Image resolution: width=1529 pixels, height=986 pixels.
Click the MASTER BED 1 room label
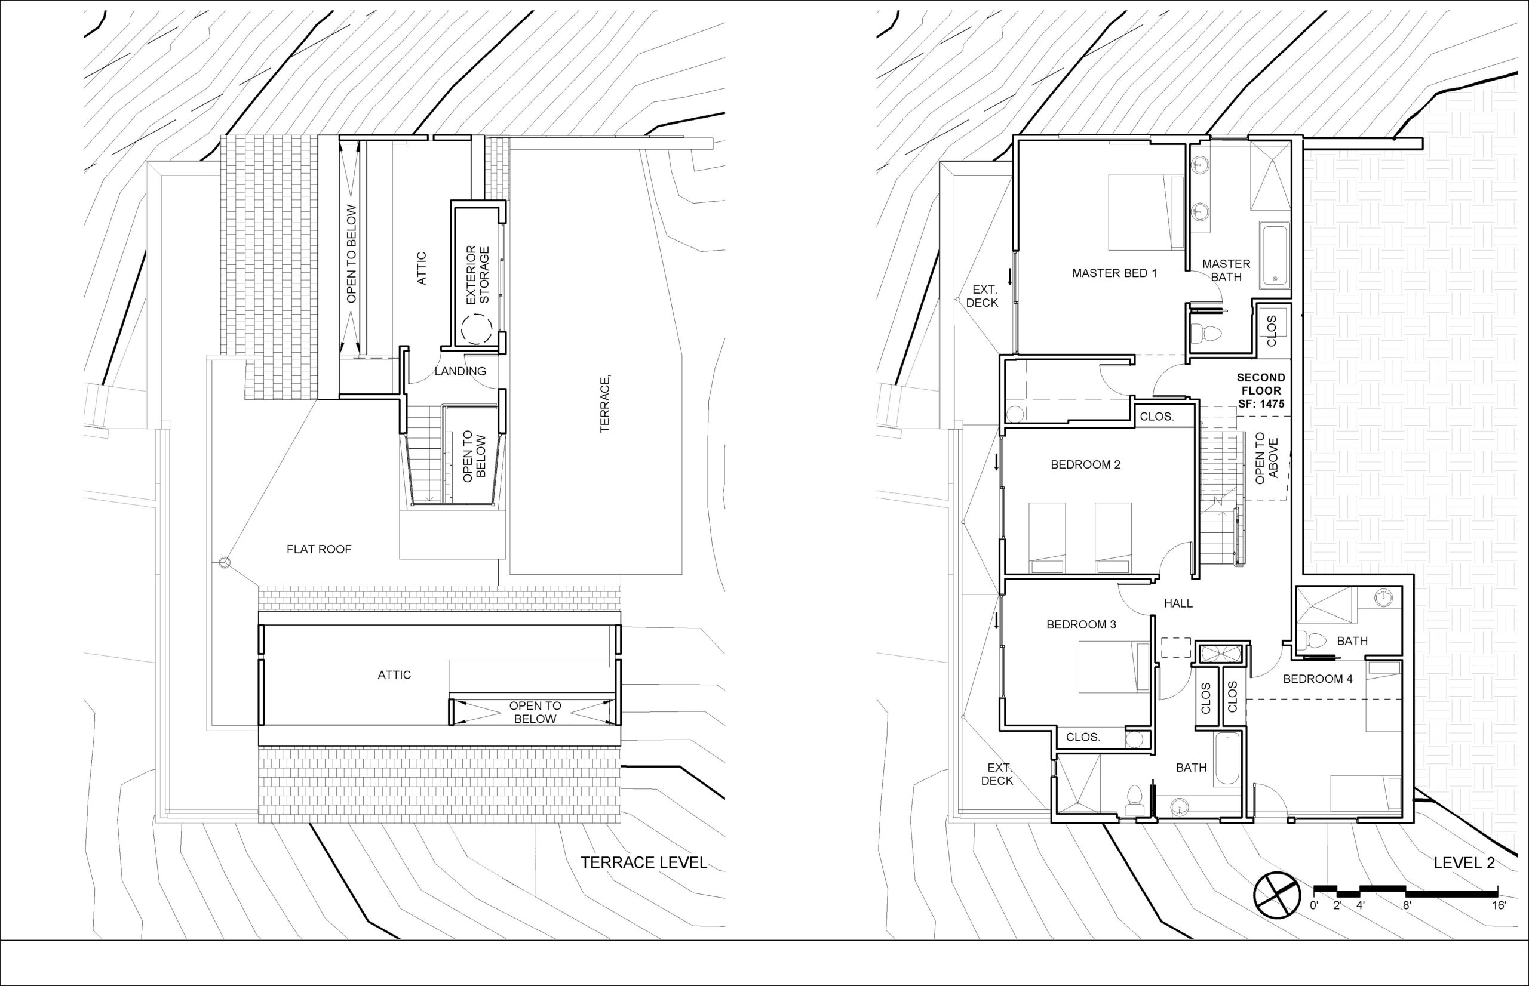(x=1114, y=273)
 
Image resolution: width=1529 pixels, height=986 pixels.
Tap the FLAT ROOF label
(x=319, y=549)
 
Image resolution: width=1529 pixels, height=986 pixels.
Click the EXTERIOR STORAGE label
(x=478, y=275)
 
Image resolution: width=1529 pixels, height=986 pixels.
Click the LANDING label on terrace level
(x=460, y=371)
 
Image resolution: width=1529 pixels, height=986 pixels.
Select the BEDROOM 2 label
(x=1086, y=465)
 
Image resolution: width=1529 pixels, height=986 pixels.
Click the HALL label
(x=1178, y=603)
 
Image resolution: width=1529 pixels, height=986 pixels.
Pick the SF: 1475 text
(x=1261, y=404)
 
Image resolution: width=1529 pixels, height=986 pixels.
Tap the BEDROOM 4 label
(x=1318, y=679)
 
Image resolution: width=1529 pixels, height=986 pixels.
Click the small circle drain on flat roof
(x=223, y=563)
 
